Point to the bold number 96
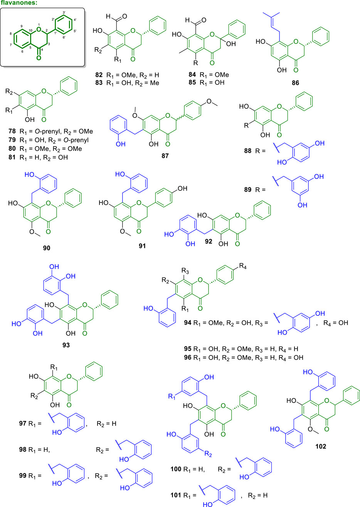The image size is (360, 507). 188,357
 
